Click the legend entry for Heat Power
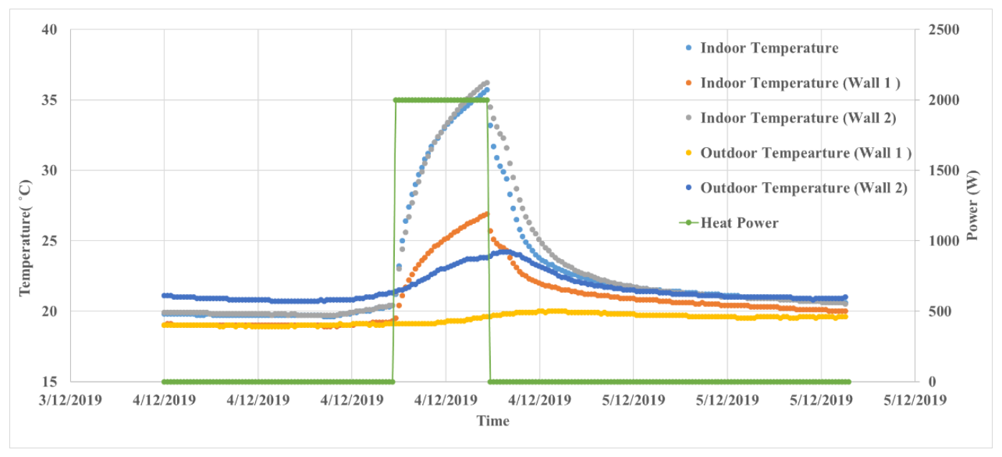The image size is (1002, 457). pyautogui.click(x=739, y=223)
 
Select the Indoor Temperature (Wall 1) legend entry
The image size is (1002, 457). pyautogui.click(x=800, y=83)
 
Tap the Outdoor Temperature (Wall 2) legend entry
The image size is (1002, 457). pyautogui.click(x=803, y=188)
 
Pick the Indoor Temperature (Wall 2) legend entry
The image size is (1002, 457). pyautogui.click(x=798, y=118)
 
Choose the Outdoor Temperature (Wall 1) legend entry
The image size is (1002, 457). pyautogui.click(x=806, y=153)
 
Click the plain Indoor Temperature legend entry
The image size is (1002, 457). pyautogui.click(x=768, y=48)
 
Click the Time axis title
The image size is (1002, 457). pyautogui.click(x=493, y=421)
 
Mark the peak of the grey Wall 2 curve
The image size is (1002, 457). pyautogui.click(x=487, y=83)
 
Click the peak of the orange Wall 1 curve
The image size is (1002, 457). pyautogui.click(x=487, y=213)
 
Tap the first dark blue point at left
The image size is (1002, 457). pyautogui.click(x=164, y=296)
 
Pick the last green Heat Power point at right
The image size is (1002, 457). pyautogui.click(x=849, y=382)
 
